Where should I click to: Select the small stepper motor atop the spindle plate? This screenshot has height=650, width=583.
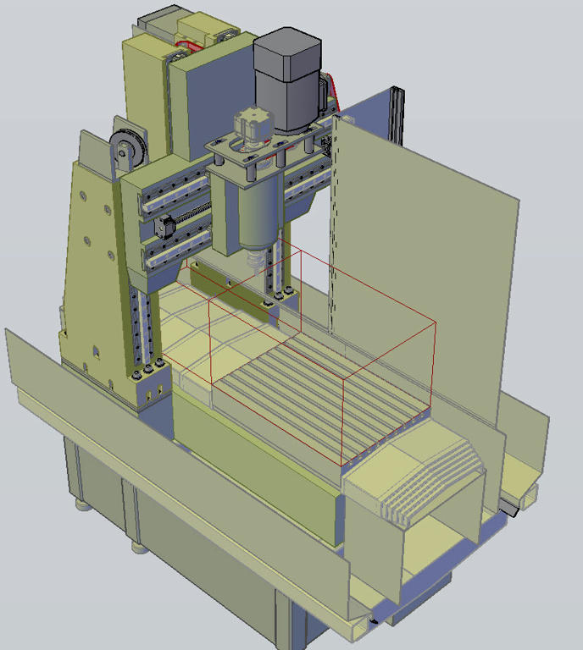tap(249, 127)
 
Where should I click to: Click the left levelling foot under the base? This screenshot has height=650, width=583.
tap(82, 505)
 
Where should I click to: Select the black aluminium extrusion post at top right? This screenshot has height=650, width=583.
tap(397, 118)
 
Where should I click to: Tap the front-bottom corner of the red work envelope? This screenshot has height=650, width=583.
tap(341, 465)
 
